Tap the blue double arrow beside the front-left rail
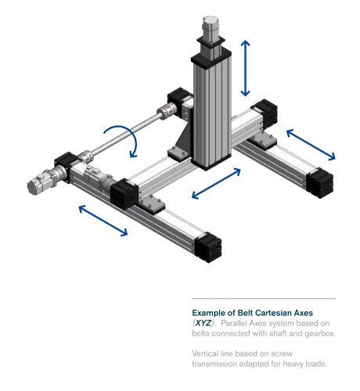[x=103, y=220]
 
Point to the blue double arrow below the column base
[x=216, y=181]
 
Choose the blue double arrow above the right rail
[x=309, y=145]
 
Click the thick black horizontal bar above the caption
[x=263, y=297]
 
